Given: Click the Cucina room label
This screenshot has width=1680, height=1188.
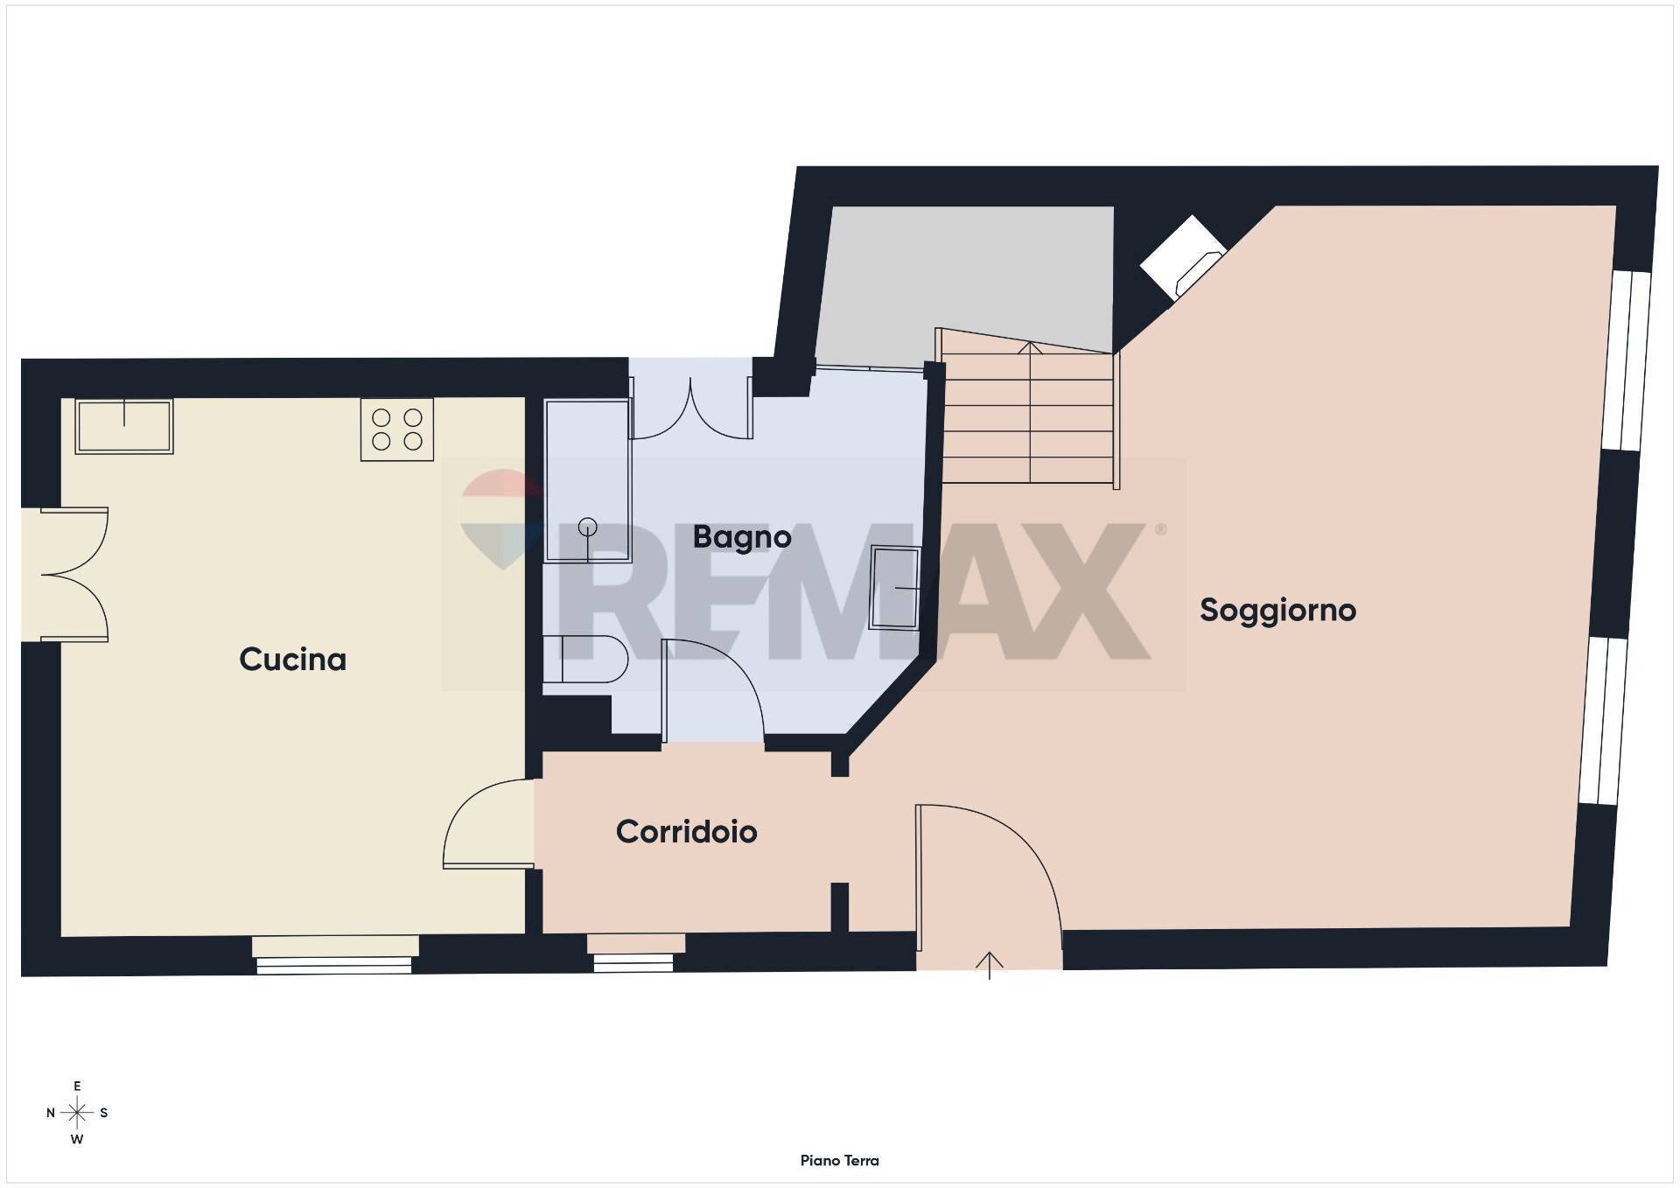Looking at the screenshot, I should pyautogui.click(x=292, y=659).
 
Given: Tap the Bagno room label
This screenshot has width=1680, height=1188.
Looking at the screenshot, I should pyautogui.click(x=741, y=536).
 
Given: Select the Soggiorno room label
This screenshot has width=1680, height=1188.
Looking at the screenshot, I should pyautogui.click(x=1277, y=610).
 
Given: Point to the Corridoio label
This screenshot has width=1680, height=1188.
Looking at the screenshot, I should pyautogui.click(x=686, y=831).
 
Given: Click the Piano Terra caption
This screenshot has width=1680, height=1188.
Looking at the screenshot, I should pyautogui.click(x=839, y=1160).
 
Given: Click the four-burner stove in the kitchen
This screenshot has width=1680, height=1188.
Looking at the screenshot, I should pyautogui.click(x=397, y=430).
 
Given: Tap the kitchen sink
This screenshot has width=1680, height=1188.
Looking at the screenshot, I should pyautogui.click(x=124, y=426).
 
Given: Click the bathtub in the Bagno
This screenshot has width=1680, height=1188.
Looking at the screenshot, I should pyautogui.click(x=587, y=480).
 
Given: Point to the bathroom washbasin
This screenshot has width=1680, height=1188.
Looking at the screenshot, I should pyautogui.click(x=895, y=588).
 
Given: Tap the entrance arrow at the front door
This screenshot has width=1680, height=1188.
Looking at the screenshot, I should pyautogui.click(x=990, y=964).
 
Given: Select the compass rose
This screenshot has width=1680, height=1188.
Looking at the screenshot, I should pyautogui.click(x=77, y=1113).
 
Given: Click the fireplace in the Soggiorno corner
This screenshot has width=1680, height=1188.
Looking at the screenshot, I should pyautogui.click(x=1182, y=257).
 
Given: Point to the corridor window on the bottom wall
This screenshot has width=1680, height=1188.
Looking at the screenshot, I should pyautogui.click(x=634, y=954).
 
